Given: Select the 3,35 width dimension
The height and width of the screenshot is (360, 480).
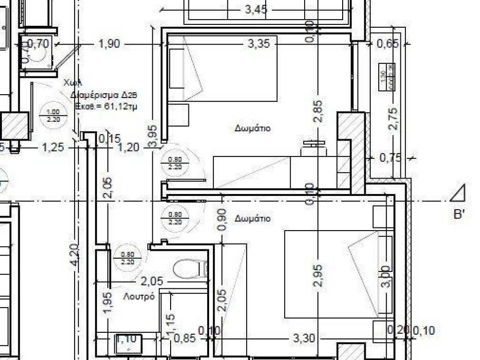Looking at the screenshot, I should [x=259, y=44].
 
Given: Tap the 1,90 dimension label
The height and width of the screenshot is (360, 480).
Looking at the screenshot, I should [x=109, y=44].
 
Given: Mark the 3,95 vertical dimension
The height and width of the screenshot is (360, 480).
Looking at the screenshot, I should [x=153, y=136].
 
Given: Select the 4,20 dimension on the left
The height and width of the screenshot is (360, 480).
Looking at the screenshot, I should [x=75, y=255].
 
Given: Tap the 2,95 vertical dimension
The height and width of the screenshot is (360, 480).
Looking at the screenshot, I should [x=318, y=277].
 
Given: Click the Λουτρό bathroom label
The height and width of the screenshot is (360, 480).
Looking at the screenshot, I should [x=139, y=297].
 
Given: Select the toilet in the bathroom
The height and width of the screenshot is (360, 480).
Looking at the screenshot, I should [x=190, y=269].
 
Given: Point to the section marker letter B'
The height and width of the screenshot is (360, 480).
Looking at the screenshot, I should [x=459, y=215].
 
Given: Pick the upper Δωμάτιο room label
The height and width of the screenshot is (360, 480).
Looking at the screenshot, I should [x=253, y=128].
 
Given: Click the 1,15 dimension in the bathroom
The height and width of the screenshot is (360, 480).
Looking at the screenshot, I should [x=171, y=323].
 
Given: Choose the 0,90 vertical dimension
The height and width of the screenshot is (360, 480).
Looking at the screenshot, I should [x=223, y=219].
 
